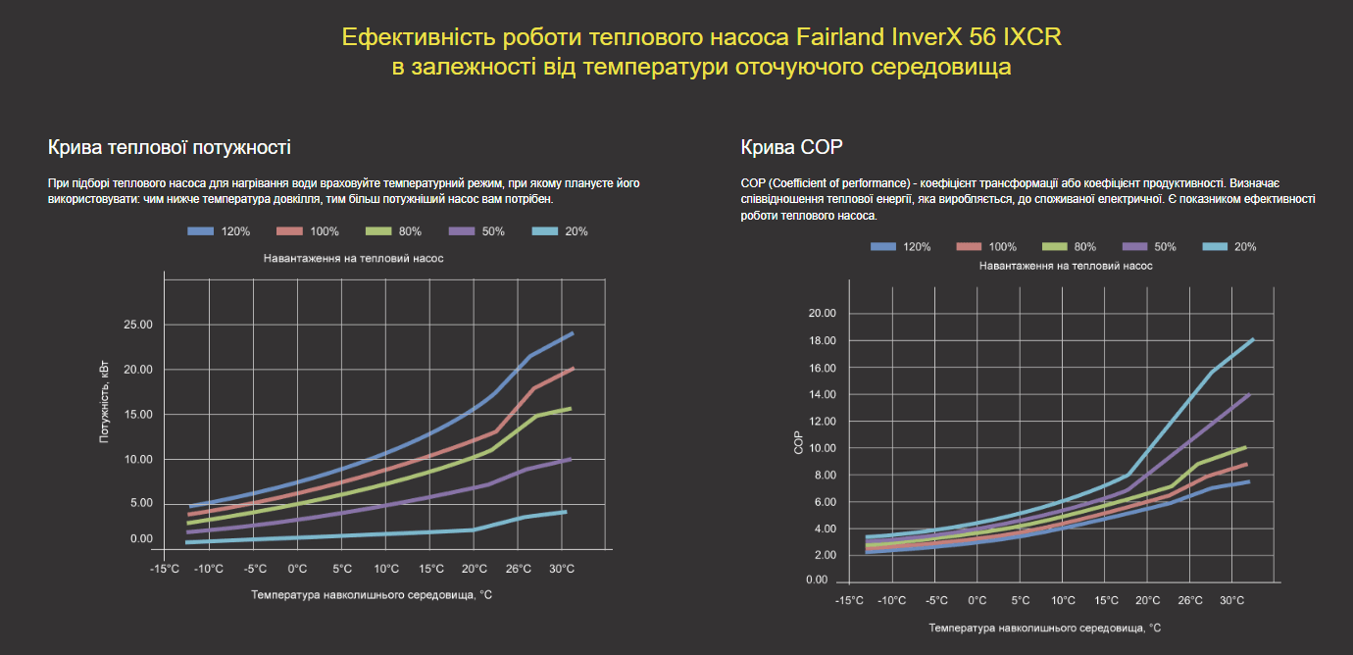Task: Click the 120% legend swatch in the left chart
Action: click(200, 231)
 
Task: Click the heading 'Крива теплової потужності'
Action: click(169, 148)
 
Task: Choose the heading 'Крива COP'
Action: click(791, 148)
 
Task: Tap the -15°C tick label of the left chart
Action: click(165, 569)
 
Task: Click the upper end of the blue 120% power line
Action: click(573, 333)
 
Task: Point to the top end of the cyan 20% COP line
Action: click(1253, 339)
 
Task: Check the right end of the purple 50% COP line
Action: click(1250, 394)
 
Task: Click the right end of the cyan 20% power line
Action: click(566, 512)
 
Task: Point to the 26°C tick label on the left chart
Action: click(518, 569)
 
